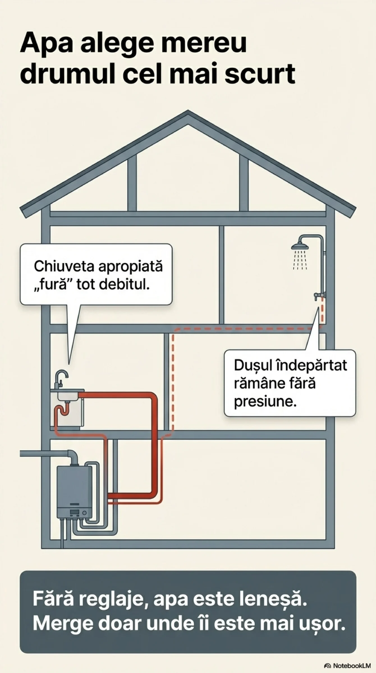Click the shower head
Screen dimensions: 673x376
point(300,247)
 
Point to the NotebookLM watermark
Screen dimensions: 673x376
point(347,666)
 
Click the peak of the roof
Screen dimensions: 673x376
point(188,114)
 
